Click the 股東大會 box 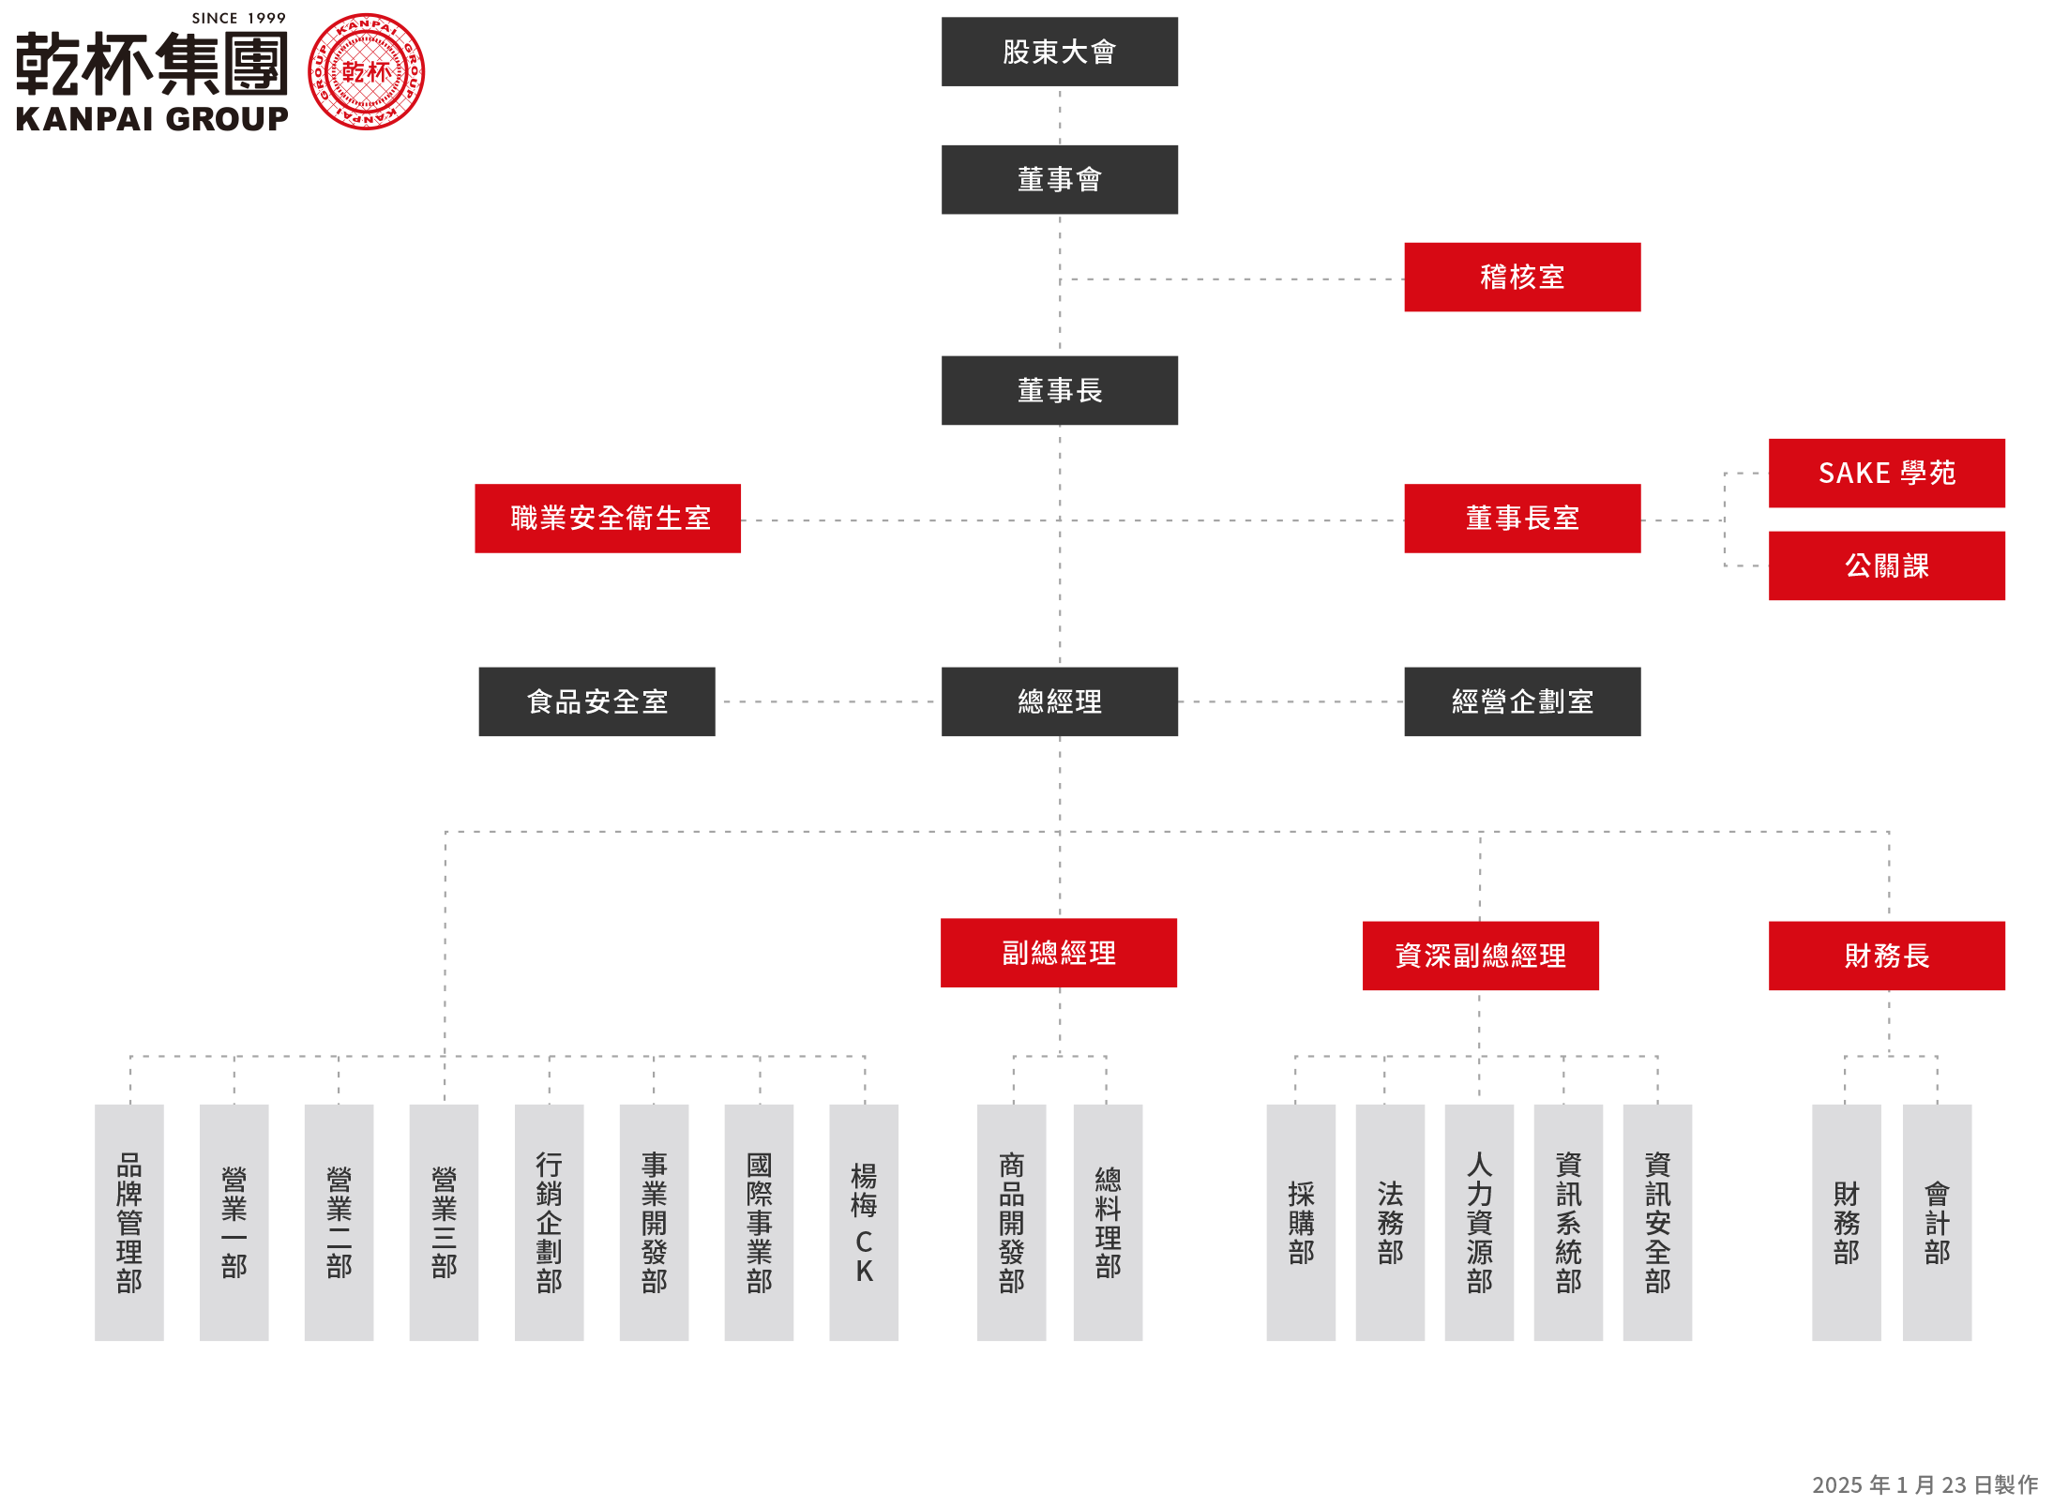(1059, 52)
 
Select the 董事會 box (1059, 179)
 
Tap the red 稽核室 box (1521, 277)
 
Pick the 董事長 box (1059, 390)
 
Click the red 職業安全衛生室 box (608, 518)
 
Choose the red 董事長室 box (1521, 518)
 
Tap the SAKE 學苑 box (1886, 473)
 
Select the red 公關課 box (1886, 565)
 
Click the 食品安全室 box (596, 701)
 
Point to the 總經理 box (1059, 701)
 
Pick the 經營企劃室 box (1521, 701)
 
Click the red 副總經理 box (1059, 953)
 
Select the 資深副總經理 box (1480, 956)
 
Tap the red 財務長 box (1886, 956)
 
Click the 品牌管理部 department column (129, 1222)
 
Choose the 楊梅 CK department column (864, 1222)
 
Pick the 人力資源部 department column (1479, 1222)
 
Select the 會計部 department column (1937, 1222)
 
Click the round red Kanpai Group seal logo (366, 72)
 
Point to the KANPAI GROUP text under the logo (153, 119)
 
